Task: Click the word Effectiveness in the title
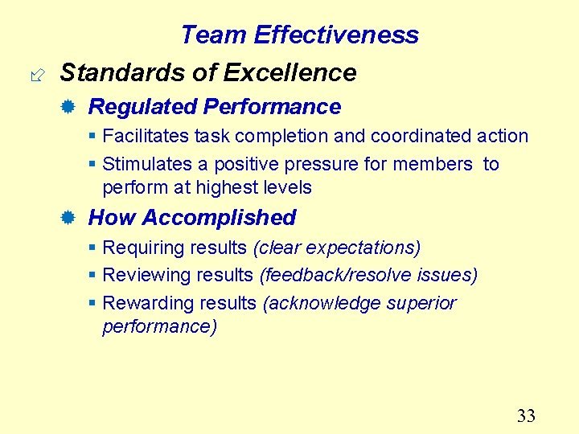(336, 35)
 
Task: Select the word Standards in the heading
(118, 72)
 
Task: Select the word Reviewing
(143, 276)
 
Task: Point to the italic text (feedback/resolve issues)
(368, 276)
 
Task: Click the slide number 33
(526, 416)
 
